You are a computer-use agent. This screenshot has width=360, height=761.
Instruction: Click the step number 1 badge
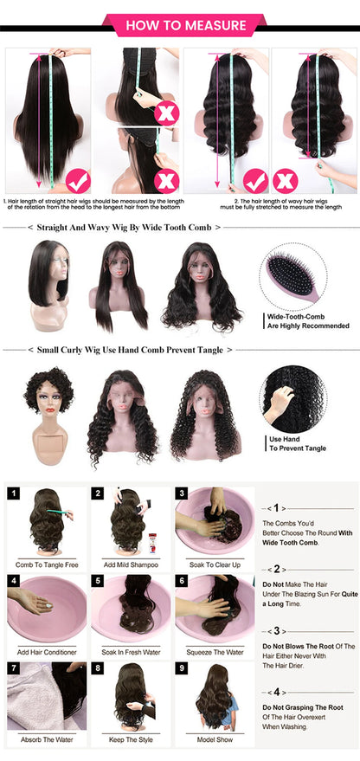point(14,493)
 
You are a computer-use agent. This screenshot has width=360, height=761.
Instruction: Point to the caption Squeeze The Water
point(215,652)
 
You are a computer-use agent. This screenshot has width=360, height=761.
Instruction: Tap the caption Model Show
point(215,740)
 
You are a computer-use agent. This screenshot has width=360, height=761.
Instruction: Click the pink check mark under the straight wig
point(79,181)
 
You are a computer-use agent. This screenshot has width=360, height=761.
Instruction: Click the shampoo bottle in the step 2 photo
point(152,544)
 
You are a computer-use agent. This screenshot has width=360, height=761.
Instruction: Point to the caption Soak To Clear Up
point(215,564)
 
